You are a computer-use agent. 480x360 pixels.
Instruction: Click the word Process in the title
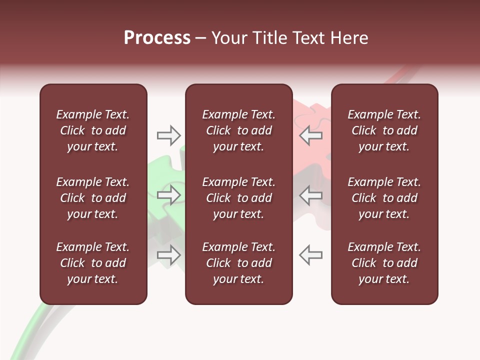pos(157,38)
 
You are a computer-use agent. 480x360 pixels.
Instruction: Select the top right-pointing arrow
pos(168,135)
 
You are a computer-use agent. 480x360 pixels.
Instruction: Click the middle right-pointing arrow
pos(168,195)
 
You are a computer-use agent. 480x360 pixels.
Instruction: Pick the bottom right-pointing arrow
pos(168,254)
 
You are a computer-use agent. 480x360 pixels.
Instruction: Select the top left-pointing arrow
pos(311,135)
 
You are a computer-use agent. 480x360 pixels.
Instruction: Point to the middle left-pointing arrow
pos(311,195)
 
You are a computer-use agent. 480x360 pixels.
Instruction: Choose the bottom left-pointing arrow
pos(311,254)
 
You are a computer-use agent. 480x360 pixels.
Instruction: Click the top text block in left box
pos(93,130)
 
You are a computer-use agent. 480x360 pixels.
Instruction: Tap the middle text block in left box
pos(93,198)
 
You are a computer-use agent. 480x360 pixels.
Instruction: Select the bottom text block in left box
pos(93,263)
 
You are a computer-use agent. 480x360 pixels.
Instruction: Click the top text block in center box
pos(238,130)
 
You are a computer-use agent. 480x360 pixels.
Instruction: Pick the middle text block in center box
pos(238,198)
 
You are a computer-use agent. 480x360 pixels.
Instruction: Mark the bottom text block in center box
pos(238,263)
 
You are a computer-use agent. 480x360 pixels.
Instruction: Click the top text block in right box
pos(384,130)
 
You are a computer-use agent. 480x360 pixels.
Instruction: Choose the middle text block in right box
pos(384,198)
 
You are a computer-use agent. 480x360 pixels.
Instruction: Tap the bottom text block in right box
pos(384,263)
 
